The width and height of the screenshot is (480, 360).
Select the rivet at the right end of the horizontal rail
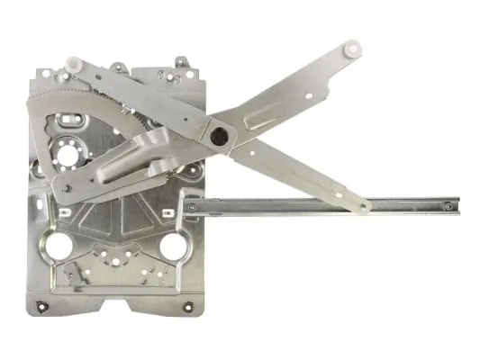click(448, 206)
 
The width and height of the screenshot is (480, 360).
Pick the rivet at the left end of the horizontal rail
click(191, 208)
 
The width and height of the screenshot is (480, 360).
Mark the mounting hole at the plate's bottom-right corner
click(187, 307)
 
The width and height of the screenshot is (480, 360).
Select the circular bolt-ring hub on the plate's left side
click(65, 153)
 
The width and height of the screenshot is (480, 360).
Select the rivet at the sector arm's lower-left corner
click(66, 188)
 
